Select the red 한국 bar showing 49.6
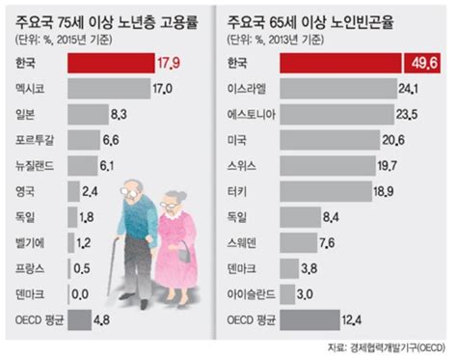click(x=337, y=64)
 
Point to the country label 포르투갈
click(x=34, y=139)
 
